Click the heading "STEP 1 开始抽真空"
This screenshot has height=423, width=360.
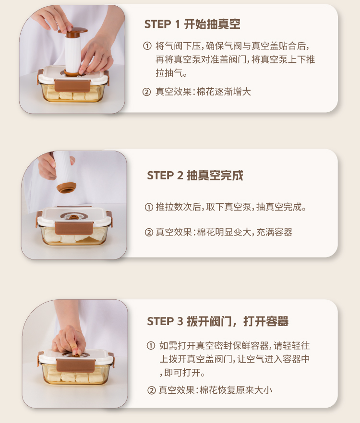tap(192, 24)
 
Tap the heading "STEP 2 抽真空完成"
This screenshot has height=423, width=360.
tap(195, 176)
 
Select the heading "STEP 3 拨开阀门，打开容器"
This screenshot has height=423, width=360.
tap(217, 321)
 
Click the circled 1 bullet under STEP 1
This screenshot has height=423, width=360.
tap(147, 46)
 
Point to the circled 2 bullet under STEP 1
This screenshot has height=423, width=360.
tap(146, 92)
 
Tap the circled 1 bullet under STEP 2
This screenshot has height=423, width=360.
tap(149, 207)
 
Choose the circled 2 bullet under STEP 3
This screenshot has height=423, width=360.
tap(152, 390)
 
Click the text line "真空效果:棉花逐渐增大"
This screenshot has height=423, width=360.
tap(203, 92)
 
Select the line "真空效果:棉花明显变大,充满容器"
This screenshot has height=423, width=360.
tap(224, 232)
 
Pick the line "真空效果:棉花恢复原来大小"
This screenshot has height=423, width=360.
tap(215, 390)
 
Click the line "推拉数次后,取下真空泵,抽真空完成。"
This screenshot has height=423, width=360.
tap(231, 207)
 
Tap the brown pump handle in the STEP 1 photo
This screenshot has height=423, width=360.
tap(73, 32)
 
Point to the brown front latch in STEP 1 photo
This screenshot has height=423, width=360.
tap(72, 86)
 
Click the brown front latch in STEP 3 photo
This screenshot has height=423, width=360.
tap(76, 365)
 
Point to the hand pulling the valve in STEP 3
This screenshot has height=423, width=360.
tap(69, 340)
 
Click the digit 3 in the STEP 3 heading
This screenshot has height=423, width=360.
tap(180, 321)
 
